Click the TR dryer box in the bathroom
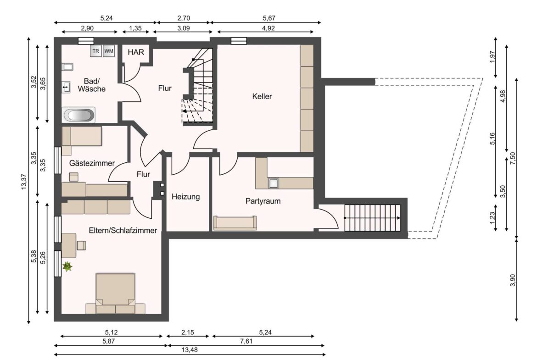tap(96, 51)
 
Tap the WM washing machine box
tap(109, 51)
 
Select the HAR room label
tap(136, 52)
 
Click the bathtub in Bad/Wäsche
tap(79, 115)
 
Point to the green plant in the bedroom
tap(68, 266)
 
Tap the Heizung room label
tap(185, 197)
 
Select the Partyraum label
tap(263, 201)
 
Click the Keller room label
tap(262, 96)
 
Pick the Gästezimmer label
tap(92, 163)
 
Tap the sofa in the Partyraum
tap(235, 223)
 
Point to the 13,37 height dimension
tap(24, 182)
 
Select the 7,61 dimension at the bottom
tap(245, 340)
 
